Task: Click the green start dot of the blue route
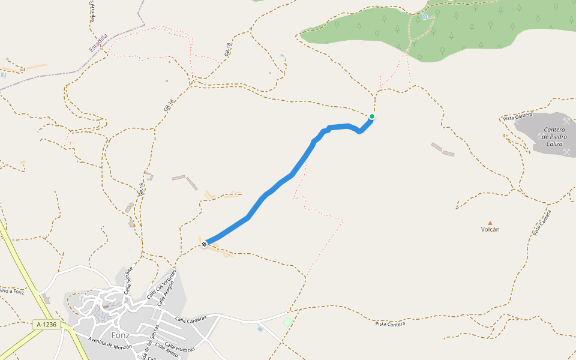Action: click(372, 116)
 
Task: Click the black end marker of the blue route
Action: click(205, 244)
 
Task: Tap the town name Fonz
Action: click(121, 335)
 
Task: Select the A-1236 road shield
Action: click(46, 325)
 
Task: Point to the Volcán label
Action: click(490, 229)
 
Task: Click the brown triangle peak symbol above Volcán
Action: click(490, 223)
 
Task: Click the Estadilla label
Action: click(98, 43)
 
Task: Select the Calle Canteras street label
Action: click(191, 317)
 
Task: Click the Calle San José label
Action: click(128, 280)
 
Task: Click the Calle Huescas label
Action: click(179, 347)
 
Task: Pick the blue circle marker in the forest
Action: click(425, 17)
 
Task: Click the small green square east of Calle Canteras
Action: click(288, 322)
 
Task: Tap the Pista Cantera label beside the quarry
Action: click(518, 116)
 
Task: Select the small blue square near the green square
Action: click(260, 329)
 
